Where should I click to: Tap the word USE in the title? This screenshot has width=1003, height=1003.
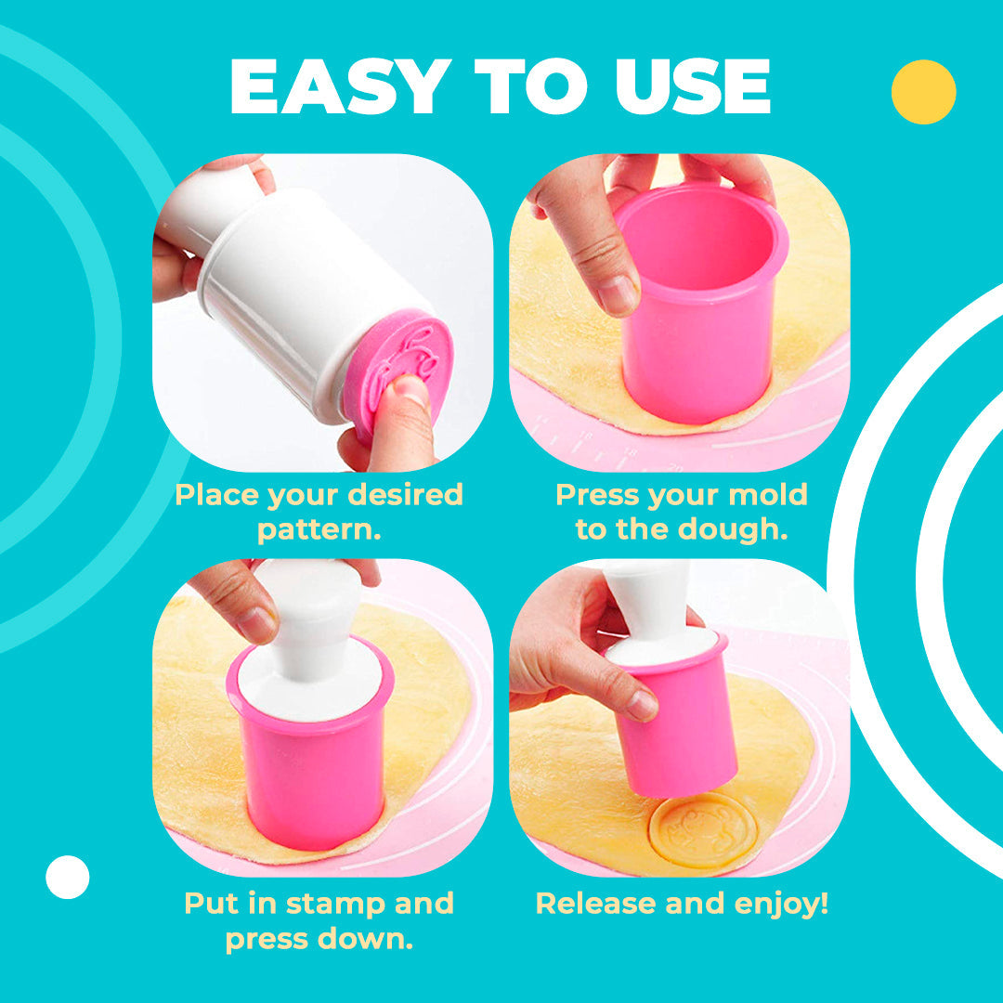pos(693,87)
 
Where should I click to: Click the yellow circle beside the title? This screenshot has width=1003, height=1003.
pos(923,92)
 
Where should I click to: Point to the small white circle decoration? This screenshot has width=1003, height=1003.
pos(68,877)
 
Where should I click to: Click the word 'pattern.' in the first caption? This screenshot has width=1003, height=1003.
pos(319,530)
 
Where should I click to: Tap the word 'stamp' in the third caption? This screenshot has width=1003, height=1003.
pos(343,904)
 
